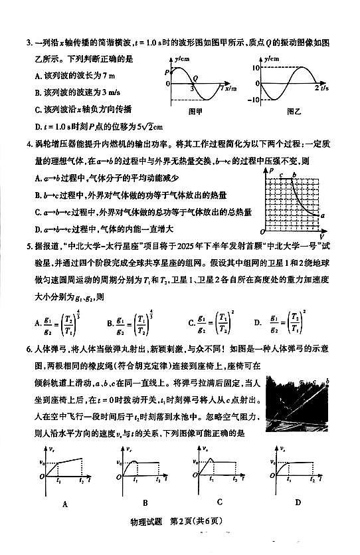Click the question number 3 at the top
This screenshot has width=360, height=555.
(x=29, y=44)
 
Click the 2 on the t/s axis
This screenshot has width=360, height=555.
(x=315, y=88)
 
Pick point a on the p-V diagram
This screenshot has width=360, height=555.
(x=322, y=216)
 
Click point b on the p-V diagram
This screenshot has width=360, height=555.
(x=294, y=175)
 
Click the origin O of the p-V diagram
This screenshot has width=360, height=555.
(x=263, y=232)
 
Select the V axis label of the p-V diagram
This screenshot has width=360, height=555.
(x=321, y=236)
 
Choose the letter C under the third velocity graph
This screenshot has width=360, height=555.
(x=219, y=503)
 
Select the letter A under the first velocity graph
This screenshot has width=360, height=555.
(x=65, y=504)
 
